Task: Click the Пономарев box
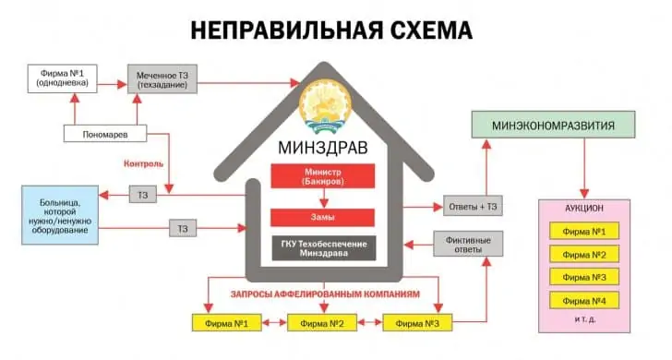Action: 105,134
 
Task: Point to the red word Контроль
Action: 143,163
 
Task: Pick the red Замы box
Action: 322,218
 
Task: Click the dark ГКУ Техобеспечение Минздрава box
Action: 322,248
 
